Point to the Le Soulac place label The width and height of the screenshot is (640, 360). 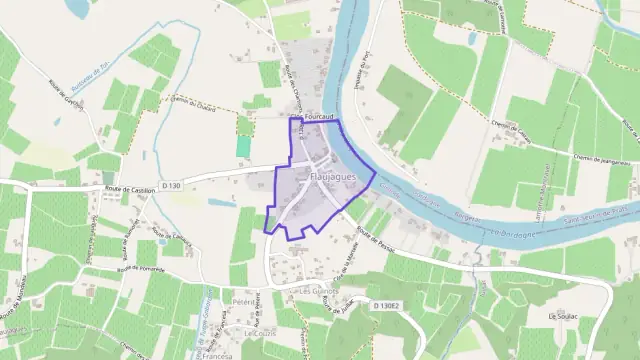click(565, 315)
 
